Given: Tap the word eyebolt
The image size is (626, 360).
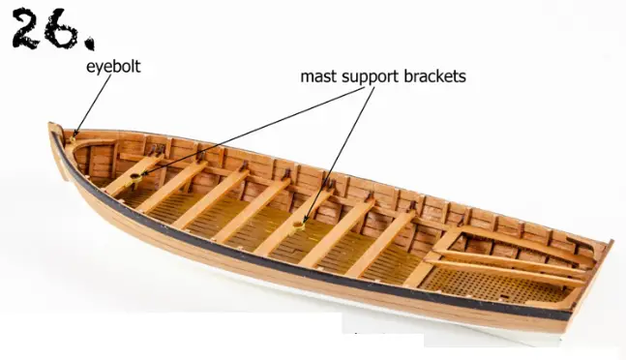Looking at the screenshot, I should tap(113, 69).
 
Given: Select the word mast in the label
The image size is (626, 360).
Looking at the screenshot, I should tap(316, 75).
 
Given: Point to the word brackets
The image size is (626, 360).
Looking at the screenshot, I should tap(436, 75).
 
